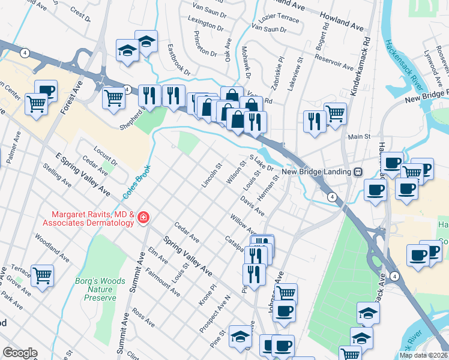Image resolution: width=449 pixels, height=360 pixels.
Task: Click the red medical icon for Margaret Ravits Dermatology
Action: [143, 217]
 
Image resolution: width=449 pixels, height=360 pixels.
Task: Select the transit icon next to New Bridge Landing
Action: [358, 172]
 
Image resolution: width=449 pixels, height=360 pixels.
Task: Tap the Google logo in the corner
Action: [20, 353]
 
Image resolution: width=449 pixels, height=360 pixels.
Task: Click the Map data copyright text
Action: [423, 355]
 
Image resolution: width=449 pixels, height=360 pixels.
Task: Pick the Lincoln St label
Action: [212, 174]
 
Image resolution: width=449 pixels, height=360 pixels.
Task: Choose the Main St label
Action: [359, 137]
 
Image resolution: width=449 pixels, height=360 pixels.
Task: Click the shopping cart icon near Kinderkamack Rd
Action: [335, 112]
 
